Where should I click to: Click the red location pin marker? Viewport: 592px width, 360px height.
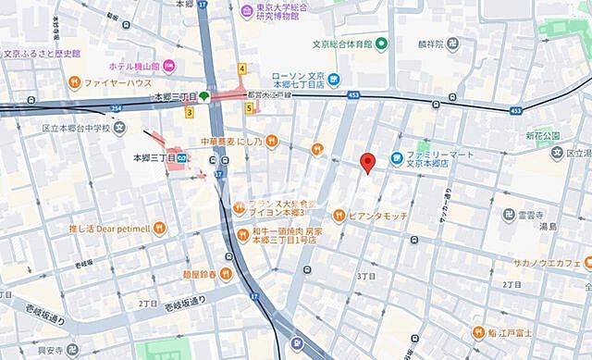pyautogui.click(x=367, y=163)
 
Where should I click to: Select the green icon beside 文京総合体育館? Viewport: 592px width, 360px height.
pyautogui.click(x=381, y=43)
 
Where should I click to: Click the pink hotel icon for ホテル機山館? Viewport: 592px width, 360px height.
pyautogui.click(x=171, y=66)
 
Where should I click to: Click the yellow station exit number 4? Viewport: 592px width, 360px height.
pyautogui.click(x=241, y=68)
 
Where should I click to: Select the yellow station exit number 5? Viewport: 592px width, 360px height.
pyautogui.click(x=249, y=107)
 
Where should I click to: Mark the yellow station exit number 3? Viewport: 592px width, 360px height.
pyautogui.click(x=189, y=113)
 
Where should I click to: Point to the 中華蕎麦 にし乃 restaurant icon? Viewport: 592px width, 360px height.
pyautogui.click(x=271, y=142)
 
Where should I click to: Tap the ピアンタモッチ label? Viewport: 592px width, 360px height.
pyautogui.click(x=377, y=215)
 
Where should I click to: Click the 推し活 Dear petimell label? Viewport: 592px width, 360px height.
pyautogui.click(x=108, y=227)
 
